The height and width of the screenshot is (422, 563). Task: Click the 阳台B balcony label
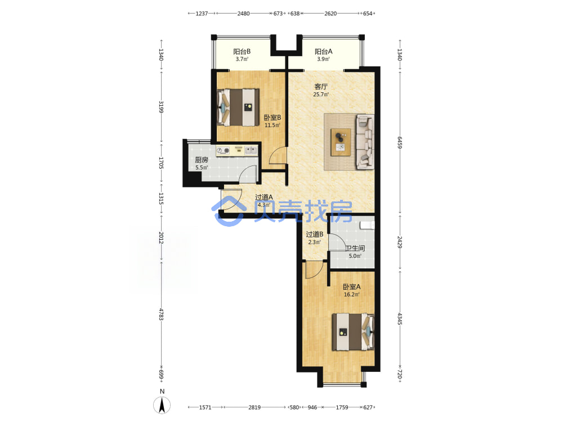tap(242, 52)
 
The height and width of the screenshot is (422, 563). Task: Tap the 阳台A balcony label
tap(324, 52)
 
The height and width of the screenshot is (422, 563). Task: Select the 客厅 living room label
tap(321, 87)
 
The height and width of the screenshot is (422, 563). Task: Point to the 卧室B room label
tap(272, 118)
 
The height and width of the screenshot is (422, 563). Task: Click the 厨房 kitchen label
tap(202, 160)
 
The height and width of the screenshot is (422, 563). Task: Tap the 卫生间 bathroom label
tap(355, 248)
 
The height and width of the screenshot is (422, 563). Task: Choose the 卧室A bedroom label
tap(351, 287)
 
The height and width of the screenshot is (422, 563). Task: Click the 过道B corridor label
tap(315, 235)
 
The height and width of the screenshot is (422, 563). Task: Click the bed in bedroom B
tap(238, 107)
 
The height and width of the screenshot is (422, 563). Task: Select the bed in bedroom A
tap(354, 332)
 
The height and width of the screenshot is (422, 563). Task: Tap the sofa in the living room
tap(365, 142)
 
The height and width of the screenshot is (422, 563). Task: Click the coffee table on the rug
tap(341, 142)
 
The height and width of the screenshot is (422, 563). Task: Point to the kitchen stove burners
tap(223, 150)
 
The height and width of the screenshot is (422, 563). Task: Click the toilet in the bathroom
tap(367, 225)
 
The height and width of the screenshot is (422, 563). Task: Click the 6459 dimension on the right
tap(400, 142)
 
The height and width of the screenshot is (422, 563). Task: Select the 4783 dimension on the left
tap(161, 315)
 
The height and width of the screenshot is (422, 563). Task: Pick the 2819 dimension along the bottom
tap(254, 407)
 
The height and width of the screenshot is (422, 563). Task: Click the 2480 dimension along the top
tap(243, 14)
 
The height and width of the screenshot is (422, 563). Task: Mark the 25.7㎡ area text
tap(321, 95)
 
